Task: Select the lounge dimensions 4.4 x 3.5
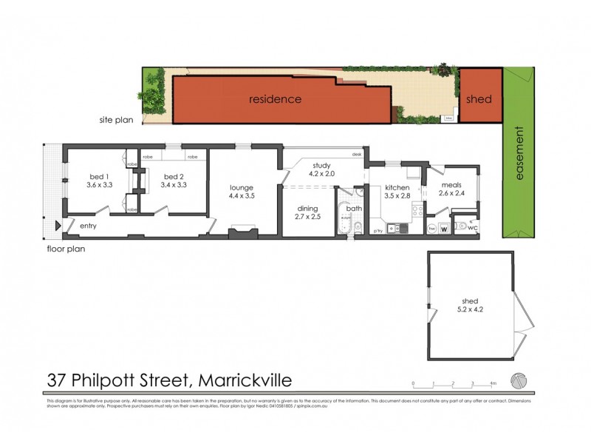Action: click(x=242, y=197)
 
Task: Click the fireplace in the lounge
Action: click(x=242, y=235)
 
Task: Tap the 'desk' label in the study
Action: click(x=357, y=155)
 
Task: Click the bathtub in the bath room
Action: click(x=344, y=218)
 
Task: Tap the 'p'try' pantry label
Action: click(x=377, y=231)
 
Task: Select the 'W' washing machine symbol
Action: click(x=444, y=229)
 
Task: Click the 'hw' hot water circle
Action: click(x=431, y=229)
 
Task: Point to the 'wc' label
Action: click(x=471, y=229)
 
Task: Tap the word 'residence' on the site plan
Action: click(x=275, y=98)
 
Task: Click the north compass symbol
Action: click(x=521, y=378)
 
